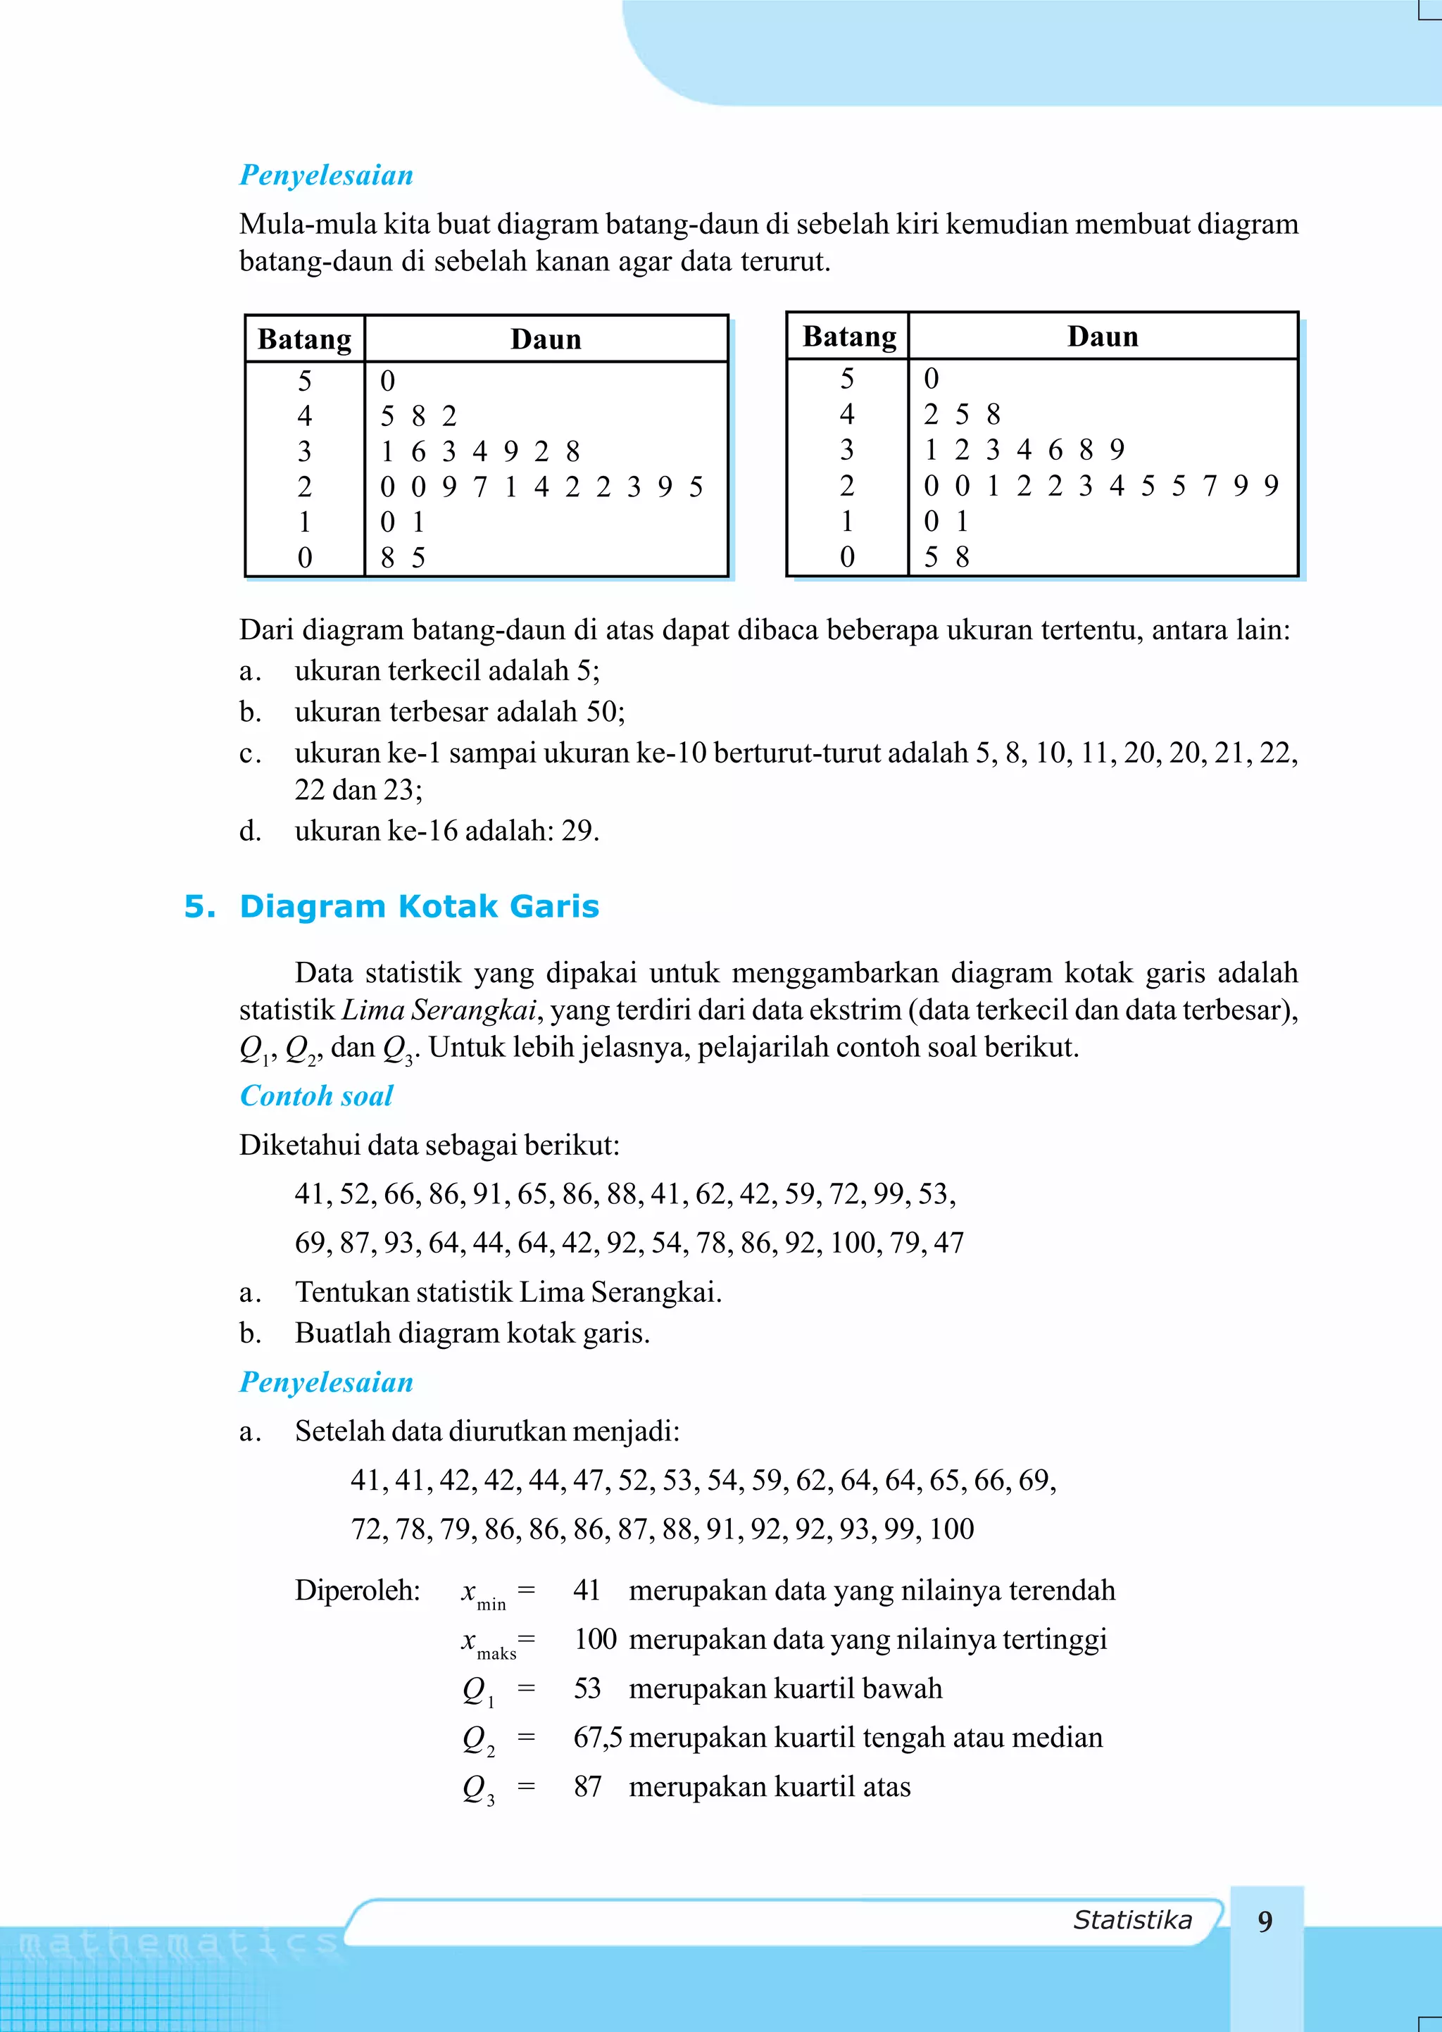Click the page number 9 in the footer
point(1265,1921)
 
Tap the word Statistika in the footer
point(1132,1920)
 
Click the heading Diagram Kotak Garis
point(419,906)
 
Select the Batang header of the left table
point(305,339)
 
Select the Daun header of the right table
point(1102,337)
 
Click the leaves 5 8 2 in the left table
point(418,415)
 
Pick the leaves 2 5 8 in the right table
point(962,414)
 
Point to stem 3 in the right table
point(847,450)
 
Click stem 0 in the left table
point(305,558)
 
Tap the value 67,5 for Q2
point(596,1737)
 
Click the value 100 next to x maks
point(595,1638)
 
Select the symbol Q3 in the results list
point(477,1787)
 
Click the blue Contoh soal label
point(316,1096)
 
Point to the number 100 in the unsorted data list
point(853,1242)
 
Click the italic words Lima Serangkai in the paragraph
point(439,1010)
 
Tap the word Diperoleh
point(357,1590)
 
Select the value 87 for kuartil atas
point(587,1786)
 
